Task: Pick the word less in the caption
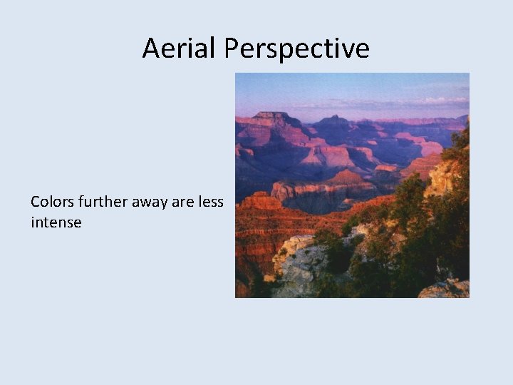click(x=210, y=202)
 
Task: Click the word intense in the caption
click(x=56, y=222)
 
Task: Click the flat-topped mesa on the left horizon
click(x=272, y=116)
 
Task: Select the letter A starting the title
click(x=150, y=48)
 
